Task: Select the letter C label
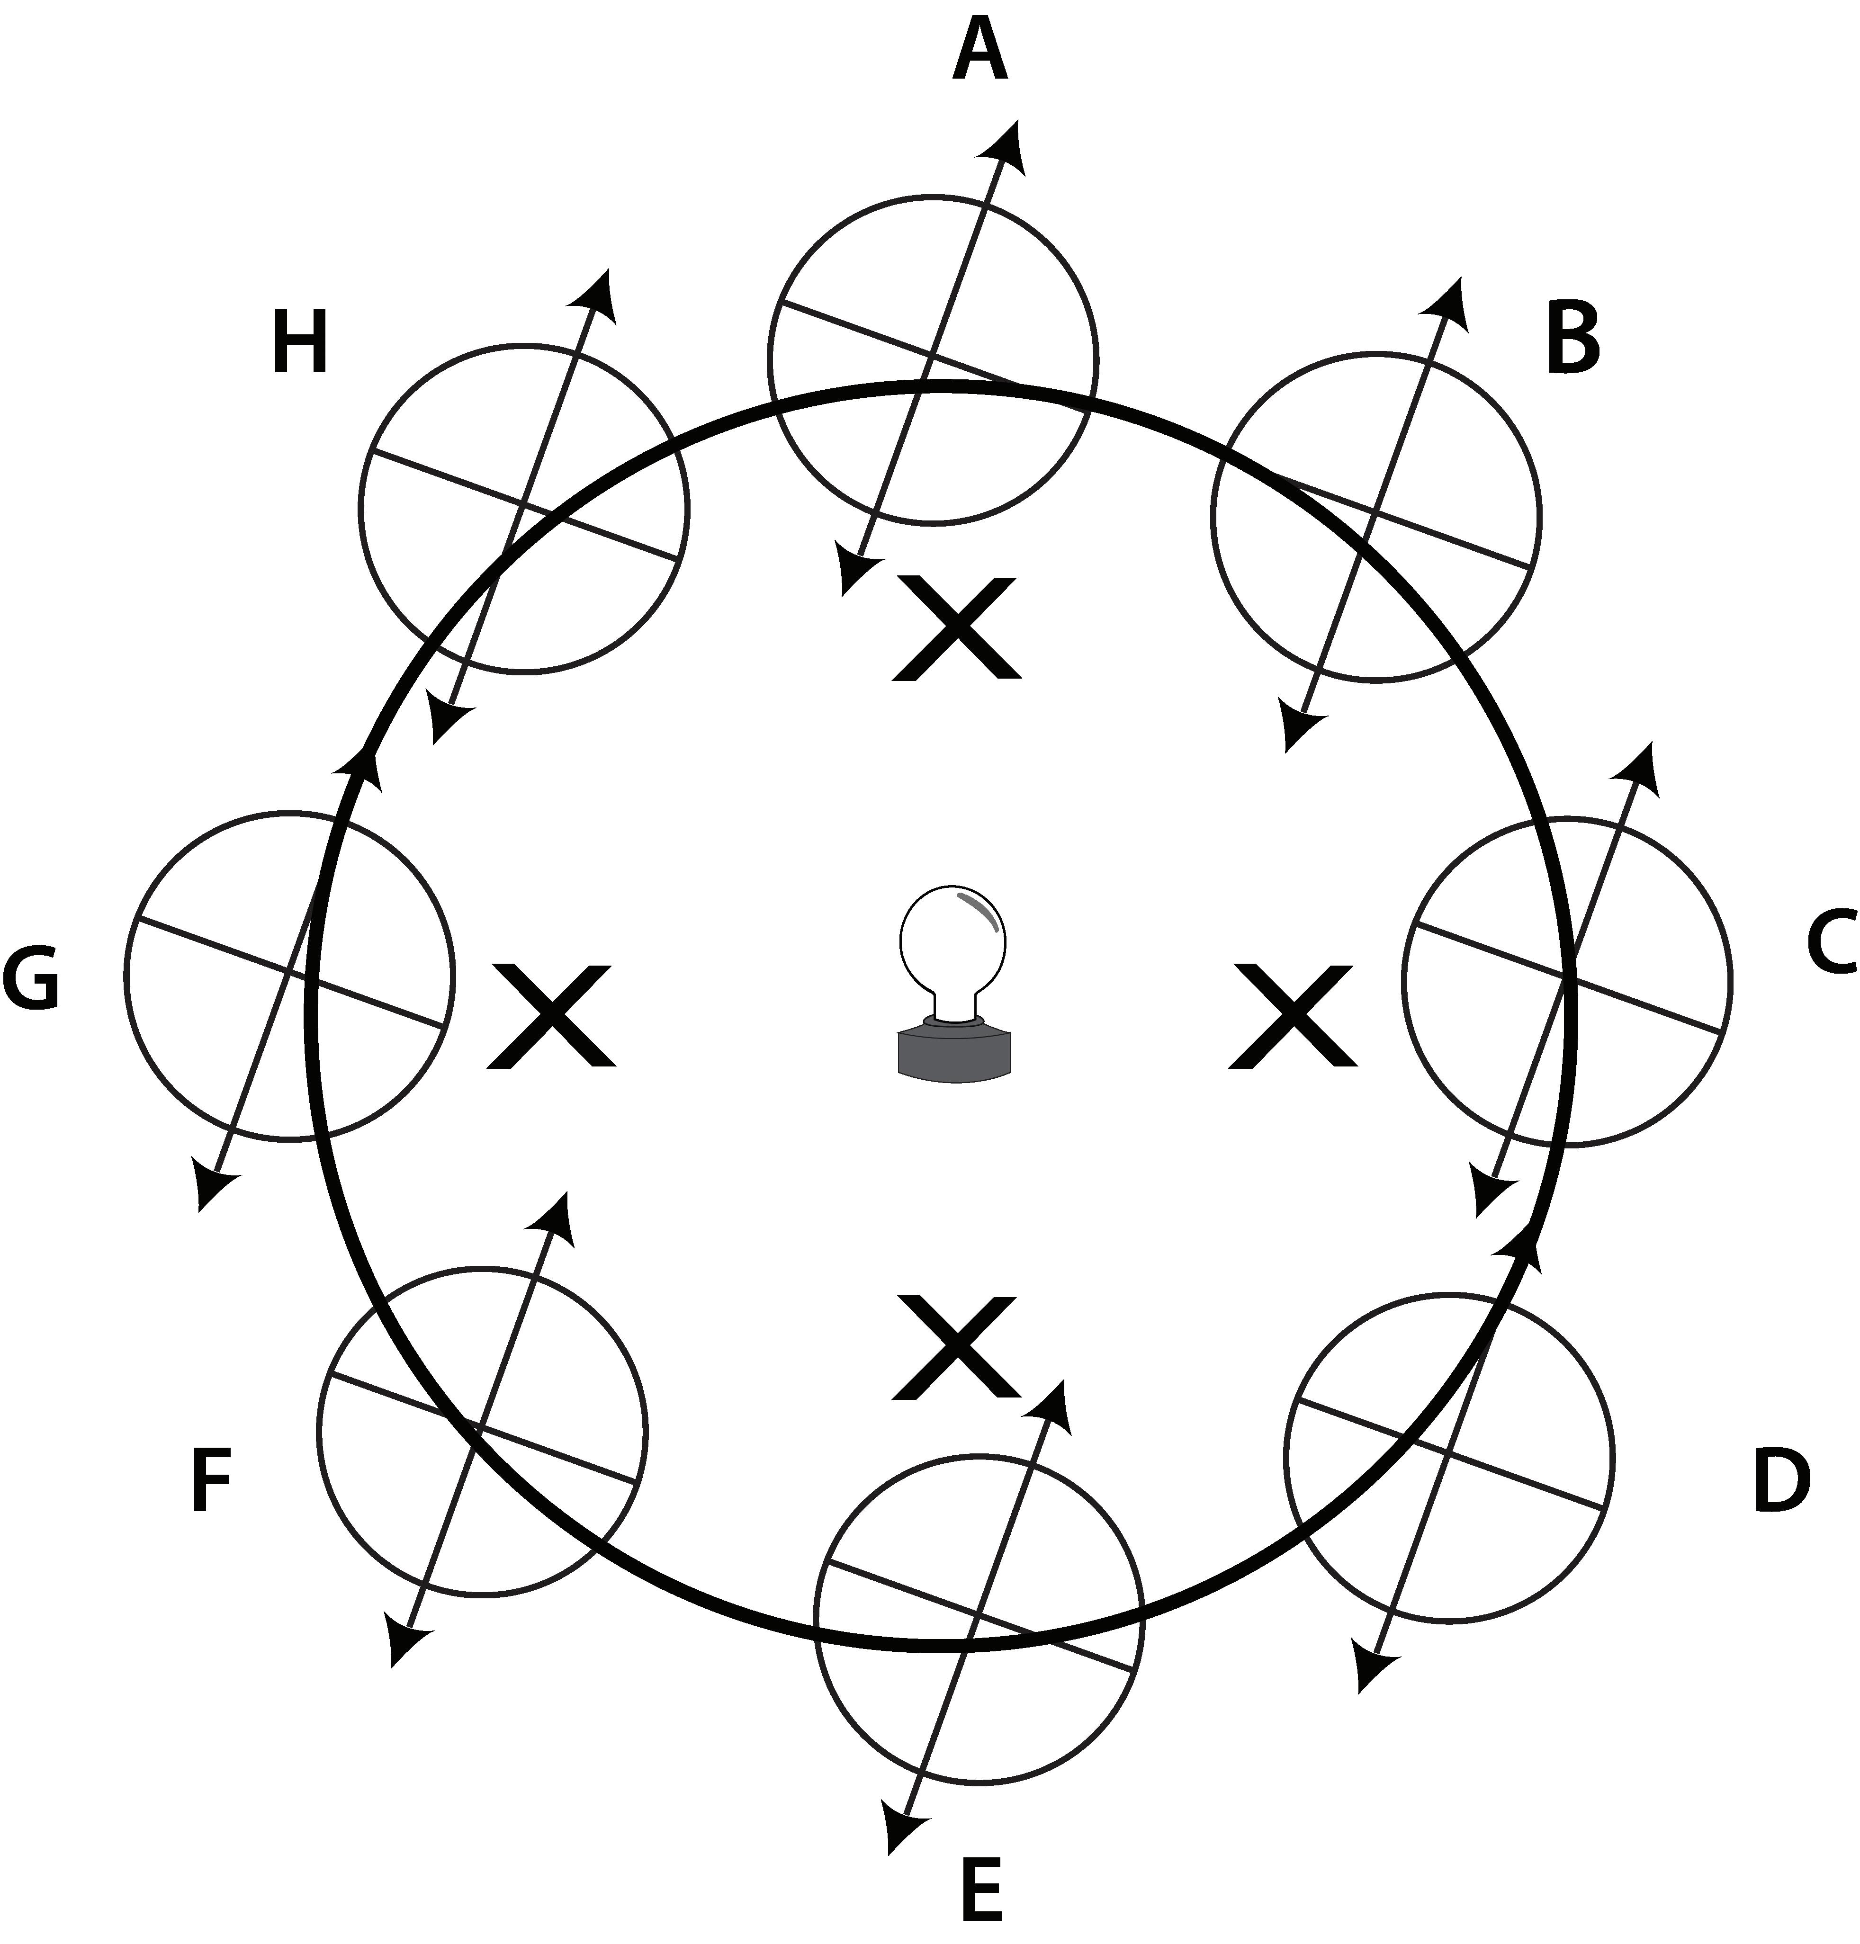(x=1830, y=943)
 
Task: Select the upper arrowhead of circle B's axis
(x=1448, y=299)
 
